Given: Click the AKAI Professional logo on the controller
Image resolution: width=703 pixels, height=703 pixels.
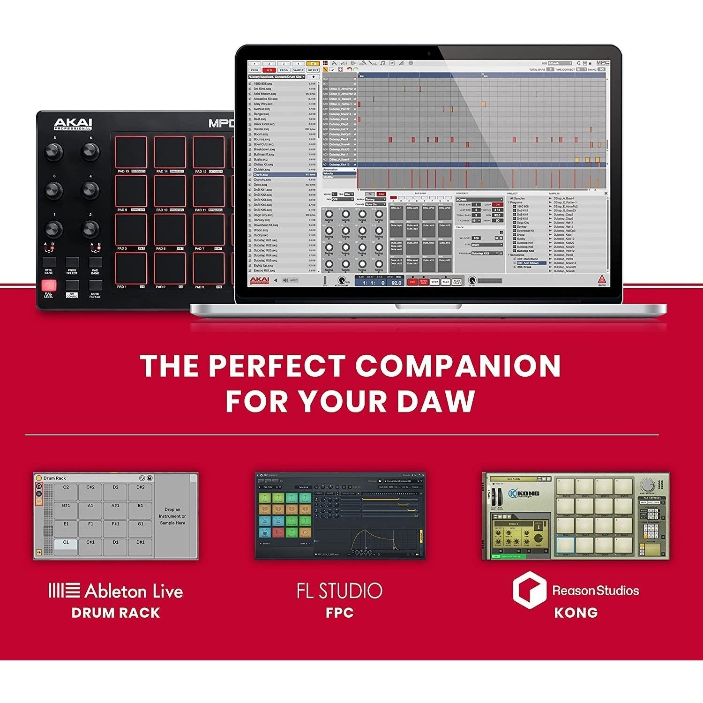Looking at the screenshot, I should coord(73,124).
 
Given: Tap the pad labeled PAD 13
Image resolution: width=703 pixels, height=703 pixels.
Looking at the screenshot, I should coord(131,152).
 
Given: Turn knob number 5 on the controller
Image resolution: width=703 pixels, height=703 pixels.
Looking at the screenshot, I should coord(53,151).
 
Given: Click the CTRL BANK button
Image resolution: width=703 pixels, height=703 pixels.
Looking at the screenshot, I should coord(49,262).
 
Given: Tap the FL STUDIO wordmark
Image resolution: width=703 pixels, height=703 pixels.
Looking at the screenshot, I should coord(340,591).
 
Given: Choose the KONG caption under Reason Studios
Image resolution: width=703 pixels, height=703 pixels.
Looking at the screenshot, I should coord(576,613).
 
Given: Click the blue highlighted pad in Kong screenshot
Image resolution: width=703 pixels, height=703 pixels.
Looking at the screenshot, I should coord(566,546).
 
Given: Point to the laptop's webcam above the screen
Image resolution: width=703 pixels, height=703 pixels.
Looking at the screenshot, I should coord(429,50).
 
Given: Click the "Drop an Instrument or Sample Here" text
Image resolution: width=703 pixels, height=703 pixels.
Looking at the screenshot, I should coord(172,516).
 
